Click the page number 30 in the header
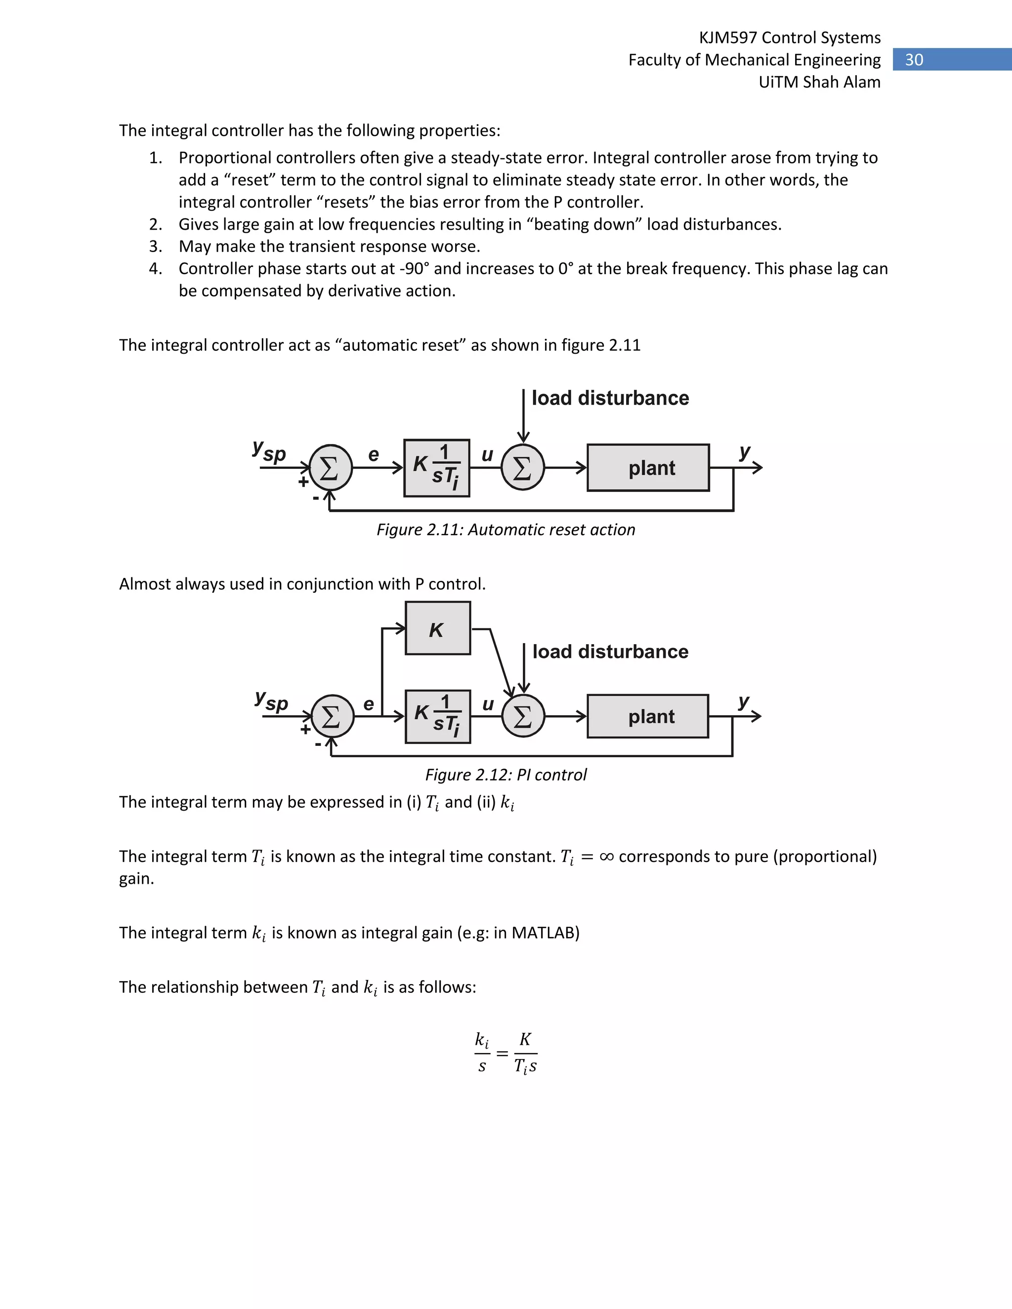point(914,60)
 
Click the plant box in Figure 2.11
point(648,467)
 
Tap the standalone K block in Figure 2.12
point(438,629)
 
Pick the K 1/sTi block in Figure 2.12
point(438,716)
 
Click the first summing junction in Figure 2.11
point(331,467)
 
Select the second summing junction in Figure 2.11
point(523,467)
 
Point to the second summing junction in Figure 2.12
point(523,716)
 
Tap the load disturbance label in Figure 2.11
point(610,398)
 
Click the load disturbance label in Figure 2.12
point(610,652)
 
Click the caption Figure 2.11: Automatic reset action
point(506,530)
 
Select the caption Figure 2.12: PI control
point(506,775)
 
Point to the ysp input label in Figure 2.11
point(269,450)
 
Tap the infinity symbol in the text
point(606,857)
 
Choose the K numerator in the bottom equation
point(525,1039)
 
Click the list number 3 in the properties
point(155,246)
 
